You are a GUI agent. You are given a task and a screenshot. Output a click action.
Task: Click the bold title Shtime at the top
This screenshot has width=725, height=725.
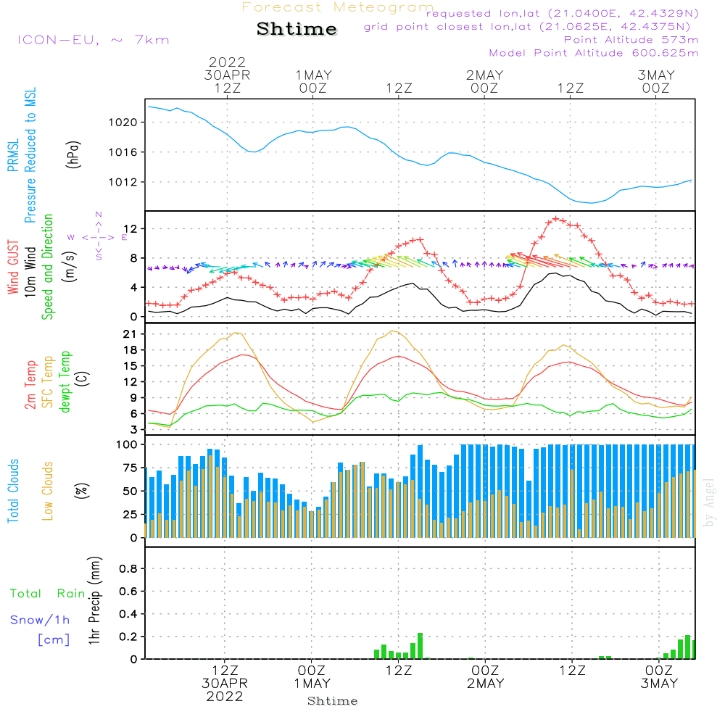click(297, 29)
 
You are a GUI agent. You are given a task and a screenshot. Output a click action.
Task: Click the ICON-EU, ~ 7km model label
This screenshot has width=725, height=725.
click(93, 40)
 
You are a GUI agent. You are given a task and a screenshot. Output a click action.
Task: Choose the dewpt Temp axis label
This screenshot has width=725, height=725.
click(65, 382)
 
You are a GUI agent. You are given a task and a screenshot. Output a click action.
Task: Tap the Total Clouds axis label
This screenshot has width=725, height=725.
click(13, 491)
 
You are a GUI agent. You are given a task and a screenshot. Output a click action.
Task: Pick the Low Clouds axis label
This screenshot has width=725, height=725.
click(48, 491)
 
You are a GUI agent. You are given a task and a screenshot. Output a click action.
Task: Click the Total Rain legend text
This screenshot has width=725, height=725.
click(47, 594)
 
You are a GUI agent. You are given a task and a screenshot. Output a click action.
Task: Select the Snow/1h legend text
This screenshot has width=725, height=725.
click(40, 620)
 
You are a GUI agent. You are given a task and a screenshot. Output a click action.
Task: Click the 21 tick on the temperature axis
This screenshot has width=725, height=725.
click(130, 334)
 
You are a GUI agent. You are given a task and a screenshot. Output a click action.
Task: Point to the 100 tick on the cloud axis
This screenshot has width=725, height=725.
click(126, 444)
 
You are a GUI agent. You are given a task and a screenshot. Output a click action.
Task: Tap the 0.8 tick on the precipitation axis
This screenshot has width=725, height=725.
click(128, 568)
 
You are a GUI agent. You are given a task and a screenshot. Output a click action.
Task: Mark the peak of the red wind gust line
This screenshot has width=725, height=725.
click(557, 217)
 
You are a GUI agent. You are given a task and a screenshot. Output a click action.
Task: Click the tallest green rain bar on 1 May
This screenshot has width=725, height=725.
click(420, 645)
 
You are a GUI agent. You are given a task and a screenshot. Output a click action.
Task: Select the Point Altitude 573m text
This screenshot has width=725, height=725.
click(631, 40)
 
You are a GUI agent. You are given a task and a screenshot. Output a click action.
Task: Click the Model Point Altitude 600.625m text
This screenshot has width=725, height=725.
click(594, 53)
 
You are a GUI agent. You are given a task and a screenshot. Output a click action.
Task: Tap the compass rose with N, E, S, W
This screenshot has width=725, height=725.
click(99, 236)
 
